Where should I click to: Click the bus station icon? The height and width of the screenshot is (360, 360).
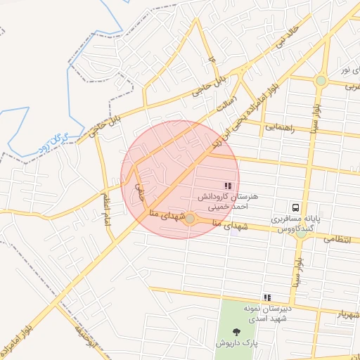click(x=296, y=208)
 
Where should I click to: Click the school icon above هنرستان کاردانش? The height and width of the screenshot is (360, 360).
click(x=227, y=186)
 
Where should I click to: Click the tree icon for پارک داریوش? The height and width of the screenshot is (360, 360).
click(x=234, y=333)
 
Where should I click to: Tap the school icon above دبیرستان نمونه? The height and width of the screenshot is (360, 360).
click(x=266, y=298)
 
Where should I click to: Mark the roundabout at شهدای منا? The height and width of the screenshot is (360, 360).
click(x=190, y=219)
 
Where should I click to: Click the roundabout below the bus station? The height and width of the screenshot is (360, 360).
click(x=300, y=233)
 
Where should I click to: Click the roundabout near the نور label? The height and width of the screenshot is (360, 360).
click(x=321, y=80)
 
